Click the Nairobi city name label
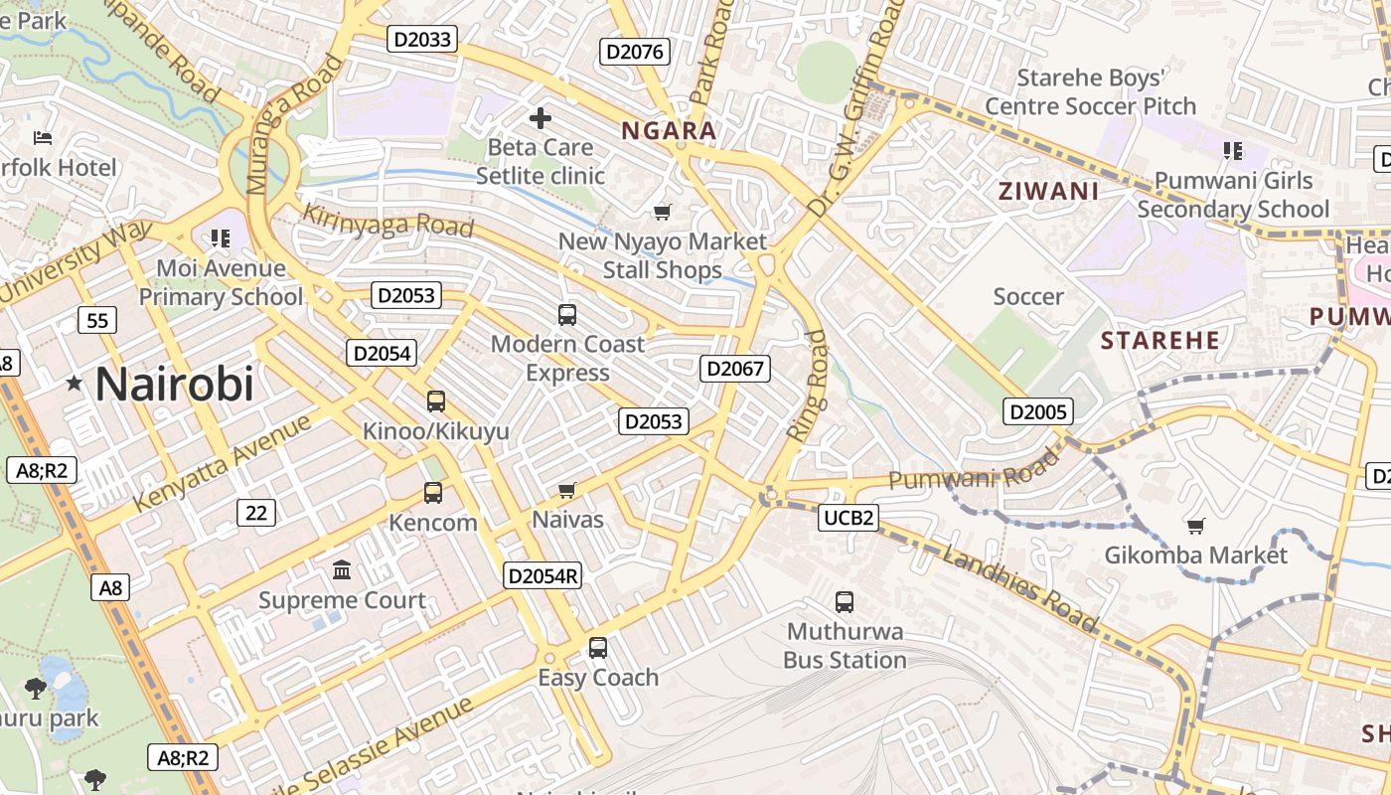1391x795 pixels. click(175, 385)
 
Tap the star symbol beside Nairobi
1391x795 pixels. click(75, 383)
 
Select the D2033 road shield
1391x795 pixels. click(423, 40)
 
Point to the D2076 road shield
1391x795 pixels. click(636, 52)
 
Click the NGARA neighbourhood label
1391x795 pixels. click(669, 131)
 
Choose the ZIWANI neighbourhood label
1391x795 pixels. click(1048, 192)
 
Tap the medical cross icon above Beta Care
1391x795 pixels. click(541, 119)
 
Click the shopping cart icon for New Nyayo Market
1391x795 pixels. click(663, 212)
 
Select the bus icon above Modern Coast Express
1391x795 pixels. click(567, 315)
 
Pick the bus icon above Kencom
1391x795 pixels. click(433, 493)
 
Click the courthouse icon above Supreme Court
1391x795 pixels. click(343, 569)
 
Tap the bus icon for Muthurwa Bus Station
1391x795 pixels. click(845, 601)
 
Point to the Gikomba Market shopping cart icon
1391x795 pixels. click(1196, 525)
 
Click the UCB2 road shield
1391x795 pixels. click(850, 517)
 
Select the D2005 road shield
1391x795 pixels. click(1037, 411)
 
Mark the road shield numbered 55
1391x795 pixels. click(97, 320)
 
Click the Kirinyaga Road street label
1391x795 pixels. click(387, 221)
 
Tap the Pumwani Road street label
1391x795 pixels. click(974, 472)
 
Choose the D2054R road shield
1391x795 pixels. click(542, 575)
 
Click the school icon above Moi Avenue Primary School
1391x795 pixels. click(221, 238)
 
